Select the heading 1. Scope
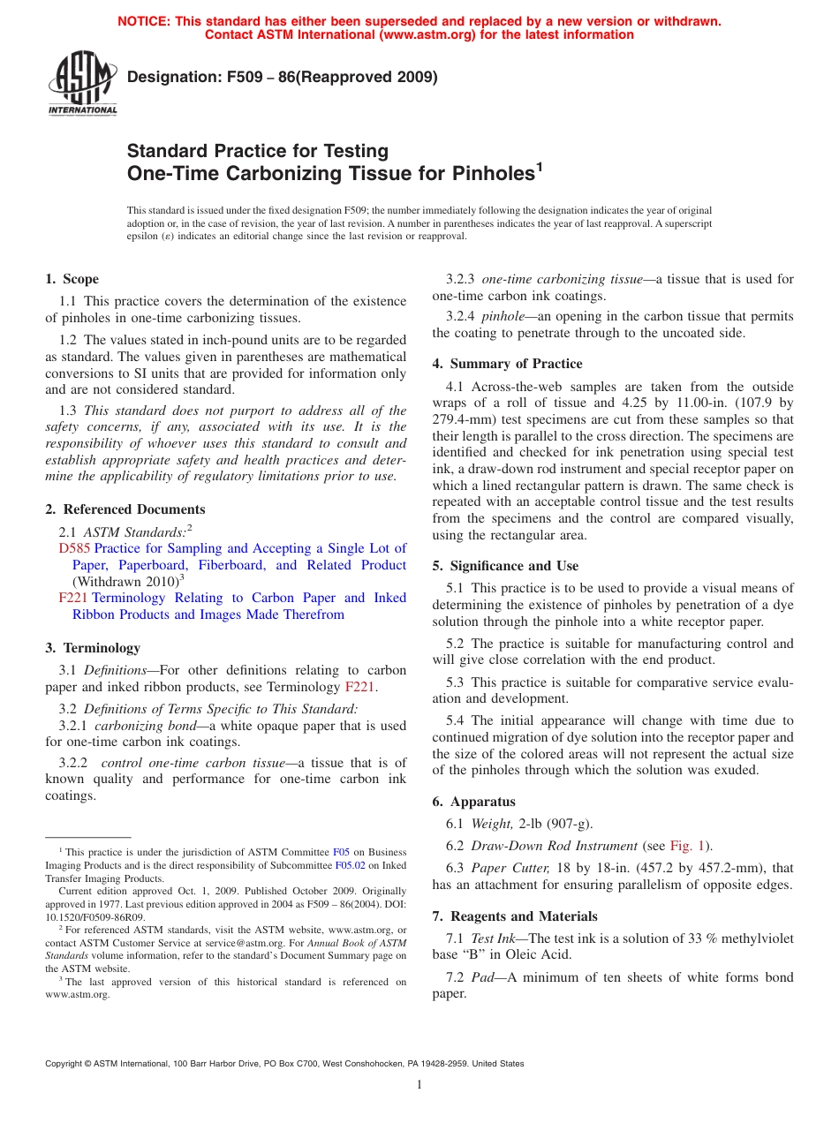(x=72, y=279)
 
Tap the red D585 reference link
(x=74, y=548)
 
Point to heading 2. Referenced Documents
(x=125, y=509)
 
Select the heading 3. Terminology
(x=92, y=648)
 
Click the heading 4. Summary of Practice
(x=507, y=364)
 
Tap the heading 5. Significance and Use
(x=505, y=566)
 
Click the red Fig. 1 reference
(x=687, y=846)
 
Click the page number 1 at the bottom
(x=419, y=1084)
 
